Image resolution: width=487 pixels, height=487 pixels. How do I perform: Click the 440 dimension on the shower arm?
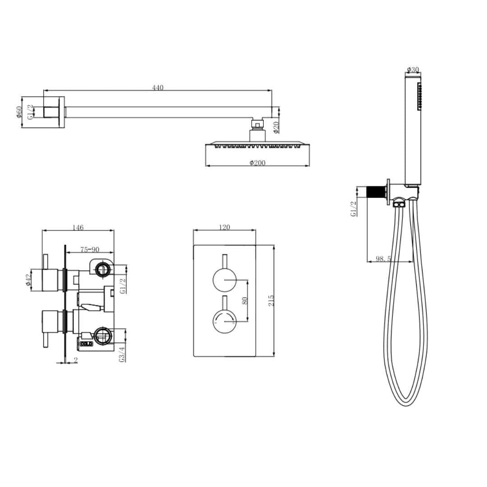(x=157, y=87)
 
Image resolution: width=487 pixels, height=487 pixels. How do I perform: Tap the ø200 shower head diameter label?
(x=257, y=163)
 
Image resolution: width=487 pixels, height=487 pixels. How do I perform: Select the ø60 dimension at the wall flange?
(x=19, y=111)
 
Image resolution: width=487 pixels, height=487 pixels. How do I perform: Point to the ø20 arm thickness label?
(x=276, y=127)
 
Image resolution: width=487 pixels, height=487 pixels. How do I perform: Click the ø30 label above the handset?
(x=413, y=69)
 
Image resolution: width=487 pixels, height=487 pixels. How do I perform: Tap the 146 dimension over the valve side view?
(x=78, y=228)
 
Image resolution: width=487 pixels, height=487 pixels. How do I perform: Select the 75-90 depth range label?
(x=89, y=249)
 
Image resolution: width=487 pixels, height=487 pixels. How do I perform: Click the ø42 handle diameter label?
(x=28, y=280)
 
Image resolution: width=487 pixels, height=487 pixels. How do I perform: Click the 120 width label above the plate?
(x=224, y=227)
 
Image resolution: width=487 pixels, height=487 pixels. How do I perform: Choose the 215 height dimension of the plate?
(x=271, y=301)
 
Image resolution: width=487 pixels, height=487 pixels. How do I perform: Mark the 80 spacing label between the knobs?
(x=245, y=300)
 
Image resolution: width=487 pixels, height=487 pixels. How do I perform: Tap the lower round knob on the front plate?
(x=224, y=321)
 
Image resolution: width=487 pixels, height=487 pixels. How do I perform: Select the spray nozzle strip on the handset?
(x=419, y=96)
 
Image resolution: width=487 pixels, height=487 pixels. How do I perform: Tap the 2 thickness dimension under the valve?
(x=75, y=360)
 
